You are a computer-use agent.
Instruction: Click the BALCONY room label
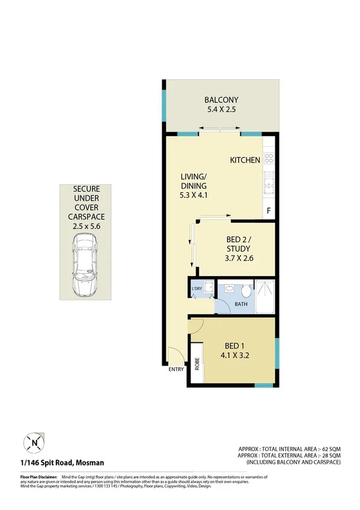click(221, 100)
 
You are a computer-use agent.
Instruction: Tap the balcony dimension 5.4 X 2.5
click(221, 111)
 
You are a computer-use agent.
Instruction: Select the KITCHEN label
click(245, 160)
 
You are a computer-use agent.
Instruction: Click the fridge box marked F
click(269, 211)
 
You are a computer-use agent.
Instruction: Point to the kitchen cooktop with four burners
click(269, 159)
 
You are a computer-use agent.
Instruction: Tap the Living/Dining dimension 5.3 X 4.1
click(194, 196)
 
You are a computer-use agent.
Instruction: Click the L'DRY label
click(197, 289)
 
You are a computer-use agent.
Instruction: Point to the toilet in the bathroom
click(245, 291)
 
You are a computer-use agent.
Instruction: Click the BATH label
click(241, 304)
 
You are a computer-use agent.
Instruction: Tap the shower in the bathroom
click(265, 296)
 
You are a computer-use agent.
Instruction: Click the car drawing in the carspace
click(84, 265)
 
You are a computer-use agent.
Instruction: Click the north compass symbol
click(34, 443)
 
